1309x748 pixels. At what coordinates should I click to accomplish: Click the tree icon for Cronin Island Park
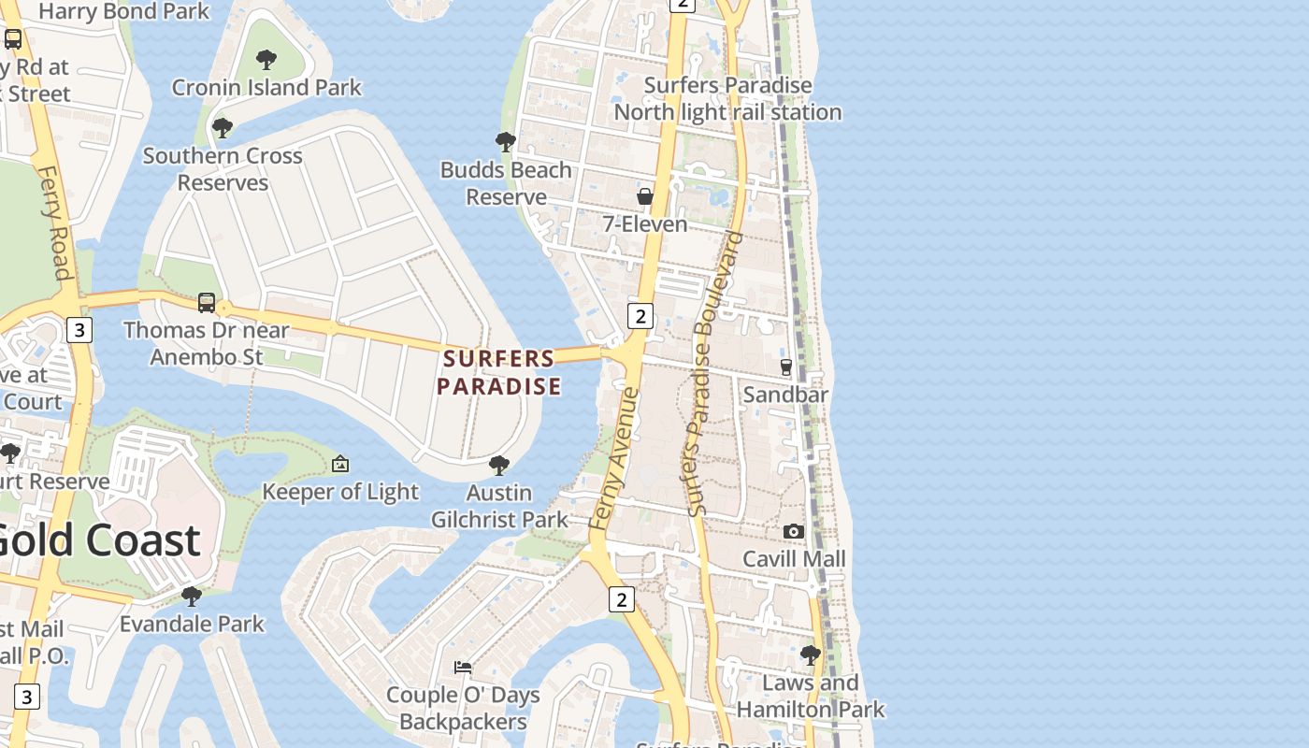(266, 61)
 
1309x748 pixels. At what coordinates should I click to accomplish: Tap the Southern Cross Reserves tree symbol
(223, 128)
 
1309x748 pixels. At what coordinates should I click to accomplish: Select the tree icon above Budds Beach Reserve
(506, 142)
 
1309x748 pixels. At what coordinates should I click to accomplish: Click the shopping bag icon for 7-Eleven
(645, 196)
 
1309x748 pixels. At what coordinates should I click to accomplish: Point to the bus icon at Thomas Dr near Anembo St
(207, 303)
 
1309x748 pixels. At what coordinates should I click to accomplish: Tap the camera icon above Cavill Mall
(794, 531)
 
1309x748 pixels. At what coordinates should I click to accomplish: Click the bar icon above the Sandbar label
(786, 367)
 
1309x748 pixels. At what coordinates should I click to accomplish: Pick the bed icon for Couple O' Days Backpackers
(463, 668)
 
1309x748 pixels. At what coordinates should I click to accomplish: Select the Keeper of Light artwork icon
(340, 464)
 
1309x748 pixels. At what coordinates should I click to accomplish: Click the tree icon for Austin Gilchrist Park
(499, 465)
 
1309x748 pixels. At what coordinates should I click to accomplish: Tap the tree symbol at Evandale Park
(192, 596)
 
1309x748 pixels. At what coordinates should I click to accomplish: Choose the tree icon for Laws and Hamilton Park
(811, 654)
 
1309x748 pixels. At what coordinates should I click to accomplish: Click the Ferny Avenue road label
(615, 460)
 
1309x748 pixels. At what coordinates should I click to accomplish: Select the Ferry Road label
(54, 224)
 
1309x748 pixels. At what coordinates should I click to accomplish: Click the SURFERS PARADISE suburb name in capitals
(499, 371)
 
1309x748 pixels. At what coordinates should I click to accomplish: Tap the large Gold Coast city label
(98, 539)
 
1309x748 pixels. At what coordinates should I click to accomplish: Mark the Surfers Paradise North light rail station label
(727, 99)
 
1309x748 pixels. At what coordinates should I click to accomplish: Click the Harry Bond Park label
(123, 11)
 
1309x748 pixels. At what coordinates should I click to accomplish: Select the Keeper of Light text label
(340, 492)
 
